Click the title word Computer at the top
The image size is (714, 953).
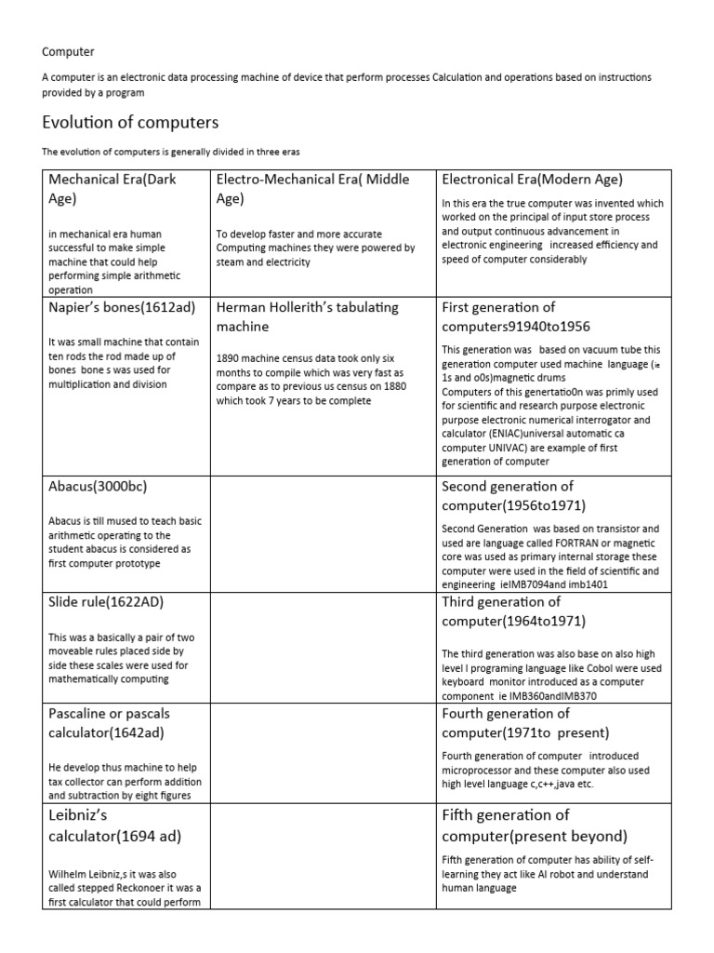pos(68,52)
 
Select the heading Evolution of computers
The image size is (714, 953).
pos(130,123)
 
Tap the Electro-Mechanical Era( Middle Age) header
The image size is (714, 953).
pos(312,188)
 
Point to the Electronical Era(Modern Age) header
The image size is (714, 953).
pos(532,180)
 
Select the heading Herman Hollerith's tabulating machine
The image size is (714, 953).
pos(307,316)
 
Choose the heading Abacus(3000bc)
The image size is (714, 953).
pos(98,487)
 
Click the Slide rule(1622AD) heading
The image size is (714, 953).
pos(106,602)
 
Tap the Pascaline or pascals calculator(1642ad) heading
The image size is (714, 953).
pos(110,723)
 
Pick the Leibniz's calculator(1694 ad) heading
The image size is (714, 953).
pos(115,825)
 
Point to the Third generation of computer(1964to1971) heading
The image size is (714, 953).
pos(514,611)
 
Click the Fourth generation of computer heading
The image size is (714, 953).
pos(519,723)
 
